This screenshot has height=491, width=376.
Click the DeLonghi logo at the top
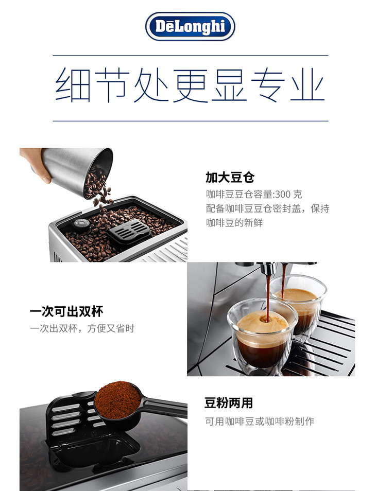click(x=190, y=27)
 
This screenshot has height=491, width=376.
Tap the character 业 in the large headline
click(x=307, y=84)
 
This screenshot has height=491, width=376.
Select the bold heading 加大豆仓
click(x=230, y=177)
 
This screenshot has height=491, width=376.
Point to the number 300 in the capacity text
click(x=283, y=195)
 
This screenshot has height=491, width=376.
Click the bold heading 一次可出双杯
click(x=66, y=311)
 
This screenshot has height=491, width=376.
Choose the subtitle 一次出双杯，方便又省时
click(x=82, y=328)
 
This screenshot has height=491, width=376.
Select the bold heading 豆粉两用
click(x=229, y=402)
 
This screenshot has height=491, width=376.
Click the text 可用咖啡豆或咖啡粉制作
click(x=260, y=421)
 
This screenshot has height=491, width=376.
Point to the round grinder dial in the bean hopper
click(x=82, y=223)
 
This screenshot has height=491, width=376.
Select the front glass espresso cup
click(x=262, y=337)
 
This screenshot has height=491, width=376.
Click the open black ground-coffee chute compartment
click(x=94, y=451)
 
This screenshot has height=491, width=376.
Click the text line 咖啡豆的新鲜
click(x=234, y=223)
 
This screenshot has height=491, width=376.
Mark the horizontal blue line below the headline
click(x=191, y=121)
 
